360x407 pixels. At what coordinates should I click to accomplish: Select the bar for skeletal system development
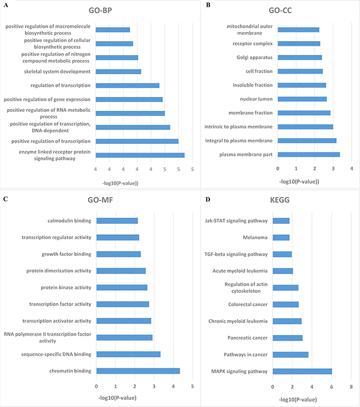(119, 71)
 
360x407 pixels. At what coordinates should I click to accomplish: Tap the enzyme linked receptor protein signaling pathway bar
(140, 155)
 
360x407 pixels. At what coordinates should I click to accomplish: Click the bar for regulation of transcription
(127, 85)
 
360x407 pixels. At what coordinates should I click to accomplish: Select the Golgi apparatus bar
(300, 57)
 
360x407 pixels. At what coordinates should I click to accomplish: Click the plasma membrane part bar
(308, 154)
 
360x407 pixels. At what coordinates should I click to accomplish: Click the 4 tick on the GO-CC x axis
(352, 168)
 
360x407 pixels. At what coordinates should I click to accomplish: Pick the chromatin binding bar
(138, 371)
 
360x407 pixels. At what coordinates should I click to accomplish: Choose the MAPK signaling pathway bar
(302, 371)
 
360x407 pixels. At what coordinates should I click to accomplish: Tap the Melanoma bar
(281, 238)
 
